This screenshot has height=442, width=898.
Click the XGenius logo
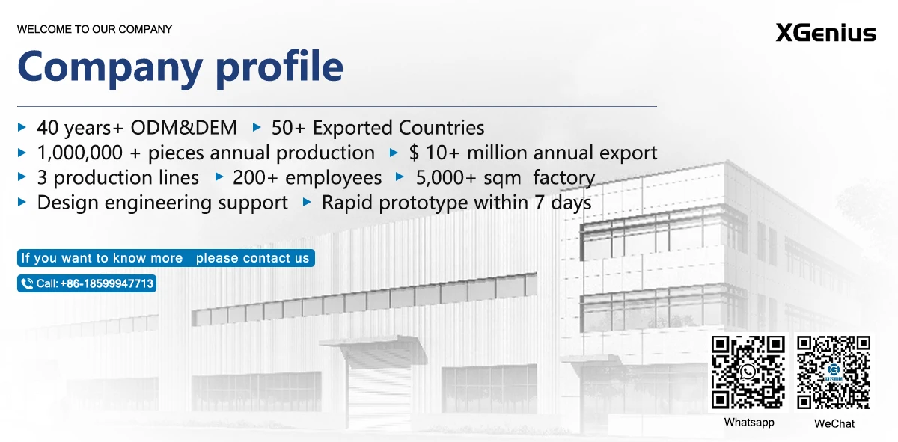click(x=826, y=32)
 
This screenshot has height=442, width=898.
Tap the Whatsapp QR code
click(x=748, y=372)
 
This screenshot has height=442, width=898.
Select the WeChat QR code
click(x=834, y=372)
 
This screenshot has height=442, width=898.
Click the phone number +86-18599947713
click(x=106, y=283)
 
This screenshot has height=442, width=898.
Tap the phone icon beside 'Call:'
click(x=27, y=283)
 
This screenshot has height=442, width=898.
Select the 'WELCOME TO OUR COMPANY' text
click(x=94, y=29)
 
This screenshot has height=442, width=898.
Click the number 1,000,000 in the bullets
click(x=80, y=153)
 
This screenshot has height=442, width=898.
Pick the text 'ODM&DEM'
click(x=184, y=128)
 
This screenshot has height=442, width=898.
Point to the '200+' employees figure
click(x=255, y=177)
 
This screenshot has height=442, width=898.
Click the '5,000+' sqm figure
click(x=445, y=177)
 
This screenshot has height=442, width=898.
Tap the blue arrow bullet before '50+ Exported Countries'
click(x=257, y=127)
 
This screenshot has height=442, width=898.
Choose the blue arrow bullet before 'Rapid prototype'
click(x=307, y=202)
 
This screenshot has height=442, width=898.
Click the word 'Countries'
click(x=442, y=128)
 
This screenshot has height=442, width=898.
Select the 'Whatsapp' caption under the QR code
click(x=749, y=423)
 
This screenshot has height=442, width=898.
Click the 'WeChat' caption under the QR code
click(x=834, y=423)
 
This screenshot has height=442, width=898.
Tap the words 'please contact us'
click(x=253, y=258)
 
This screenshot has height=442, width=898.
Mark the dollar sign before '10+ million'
click(x=414, y=153)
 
